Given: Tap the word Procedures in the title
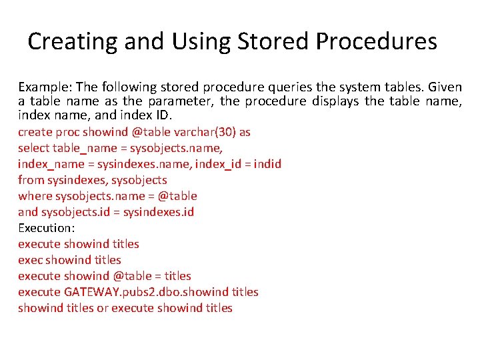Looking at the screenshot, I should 377,42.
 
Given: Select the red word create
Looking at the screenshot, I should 34,132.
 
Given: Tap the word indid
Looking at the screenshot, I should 268,164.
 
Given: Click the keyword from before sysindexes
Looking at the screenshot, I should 30,180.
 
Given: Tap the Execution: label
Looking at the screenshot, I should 46,228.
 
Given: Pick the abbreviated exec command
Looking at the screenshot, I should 29,260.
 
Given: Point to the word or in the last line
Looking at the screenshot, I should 103,308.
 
